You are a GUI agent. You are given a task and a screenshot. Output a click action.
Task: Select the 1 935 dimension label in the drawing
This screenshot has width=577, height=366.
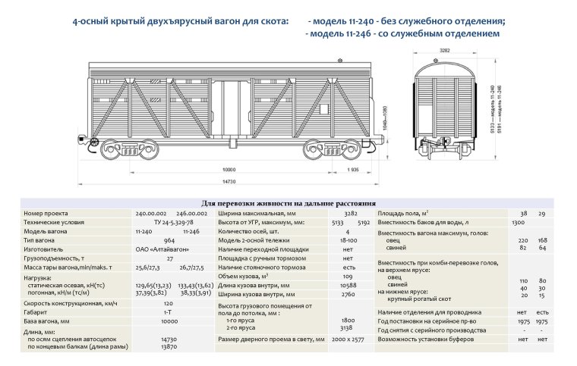tap(351, 170)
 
